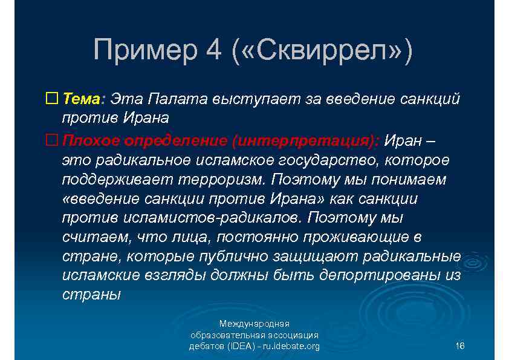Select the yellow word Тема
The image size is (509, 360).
(82, 98)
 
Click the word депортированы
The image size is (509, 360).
(387, 275)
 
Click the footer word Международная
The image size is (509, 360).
(254, 324)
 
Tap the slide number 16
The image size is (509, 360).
(459, 346)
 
